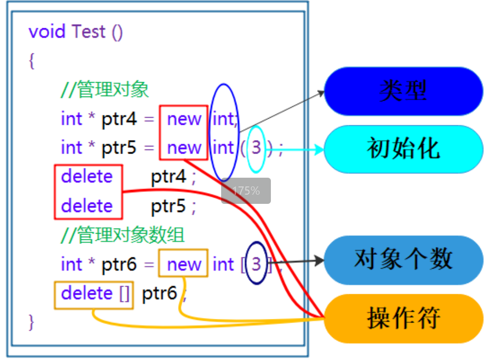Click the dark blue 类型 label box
(403, 91)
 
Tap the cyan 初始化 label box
(403, 149)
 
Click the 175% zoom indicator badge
(246, 191)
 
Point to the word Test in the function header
(89, 32)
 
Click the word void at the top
(47, 32)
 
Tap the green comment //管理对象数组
(123, 235)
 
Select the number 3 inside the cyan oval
(256, 148)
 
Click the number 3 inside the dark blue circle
(256, 264)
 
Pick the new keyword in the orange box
(184, 264)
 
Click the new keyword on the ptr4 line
(184, 119)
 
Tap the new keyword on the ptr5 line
(184, 148)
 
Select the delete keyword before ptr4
(87, 177)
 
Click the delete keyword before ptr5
(87, 206)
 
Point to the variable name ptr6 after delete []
(159, 294)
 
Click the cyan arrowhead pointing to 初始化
(319, 149)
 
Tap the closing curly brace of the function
(32, 321)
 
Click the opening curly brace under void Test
(32, 61)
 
